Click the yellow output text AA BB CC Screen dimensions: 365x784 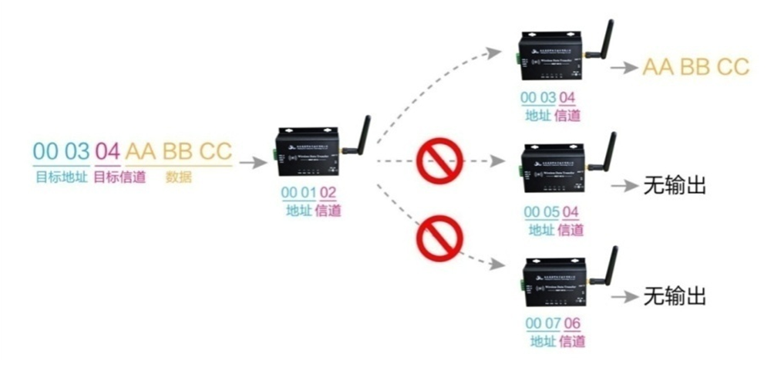click(x=695, y=67)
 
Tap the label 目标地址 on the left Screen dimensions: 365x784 click(x=61, y=177)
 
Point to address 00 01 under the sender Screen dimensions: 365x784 click(x=297, y=193)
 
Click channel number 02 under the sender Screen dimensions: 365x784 click(x=328, y=193)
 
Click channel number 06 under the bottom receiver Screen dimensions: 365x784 click(x=572, y=323)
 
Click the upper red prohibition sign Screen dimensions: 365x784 click(x=437, y=161)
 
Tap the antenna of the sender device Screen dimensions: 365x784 click(x=361, y=134)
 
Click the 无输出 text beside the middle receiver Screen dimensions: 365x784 click(x=675, y=186)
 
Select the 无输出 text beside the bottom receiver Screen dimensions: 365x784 click(x=675, y=296)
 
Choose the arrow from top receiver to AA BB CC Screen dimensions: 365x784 click(x=622, y=68)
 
